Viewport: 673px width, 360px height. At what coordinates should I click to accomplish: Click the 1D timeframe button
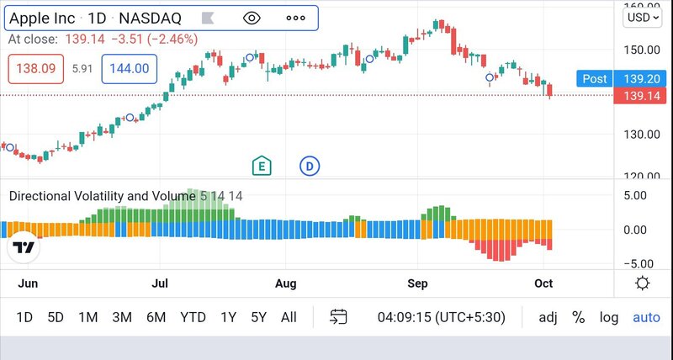[24, 317]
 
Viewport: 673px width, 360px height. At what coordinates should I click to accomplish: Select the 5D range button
[56, 317]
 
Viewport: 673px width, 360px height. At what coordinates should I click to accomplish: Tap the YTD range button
[193, 317]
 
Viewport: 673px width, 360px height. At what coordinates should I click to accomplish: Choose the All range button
[289, 317]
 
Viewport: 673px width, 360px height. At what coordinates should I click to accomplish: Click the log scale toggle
[609, 317]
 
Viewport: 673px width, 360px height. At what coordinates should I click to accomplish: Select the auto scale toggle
[646, 317]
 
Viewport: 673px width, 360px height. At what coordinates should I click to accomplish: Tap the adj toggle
[548, 317]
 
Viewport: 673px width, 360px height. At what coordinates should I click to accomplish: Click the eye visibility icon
[252, 18]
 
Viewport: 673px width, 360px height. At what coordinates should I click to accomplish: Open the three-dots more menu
[295, 18]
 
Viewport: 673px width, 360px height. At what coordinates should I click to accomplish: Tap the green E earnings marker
[262, 166]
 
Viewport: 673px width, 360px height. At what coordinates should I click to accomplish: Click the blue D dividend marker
[310, 166]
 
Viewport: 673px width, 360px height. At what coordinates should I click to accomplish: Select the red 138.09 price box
[37, 69]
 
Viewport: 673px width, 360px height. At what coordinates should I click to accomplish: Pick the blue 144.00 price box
[130, 69]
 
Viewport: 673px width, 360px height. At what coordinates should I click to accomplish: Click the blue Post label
[594, 79]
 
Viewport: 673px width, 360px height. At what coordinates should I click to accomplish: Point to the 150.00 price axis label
[643, 49]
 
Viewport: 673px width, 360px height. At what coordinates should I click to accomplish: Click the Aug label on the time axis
[287, 283]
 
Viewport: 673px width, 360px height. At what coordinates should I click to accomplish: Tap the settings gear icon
[643, 283]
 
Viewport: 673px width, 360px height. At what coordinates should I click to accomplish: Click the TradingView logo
[24, 248]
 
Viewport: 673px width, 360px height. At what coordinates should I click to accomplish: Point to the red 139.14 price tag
[641, 96]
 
